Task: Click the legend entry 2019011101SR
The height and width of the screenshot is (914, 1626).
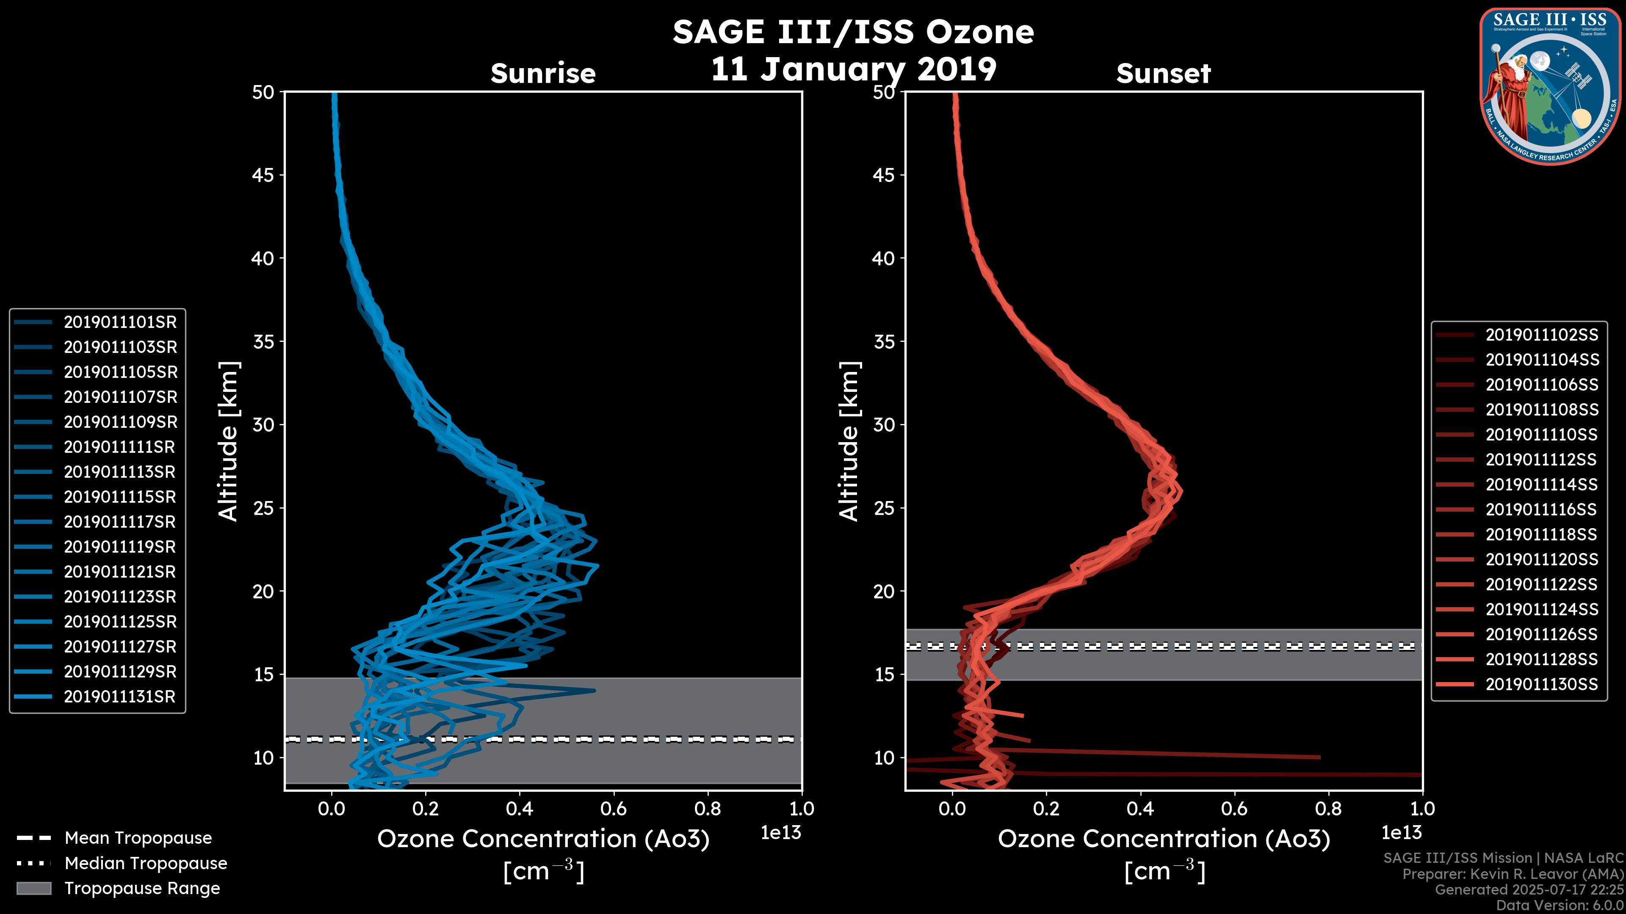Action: coord(120,322)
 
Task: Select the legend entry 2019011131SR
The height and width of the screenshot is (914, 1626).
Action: coord(120,697)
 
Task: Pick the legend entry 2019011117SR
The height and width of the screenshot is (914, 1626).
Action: coord(120,522)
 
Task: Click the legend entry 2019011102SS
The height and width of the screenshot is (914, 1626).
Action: coord(1541,335)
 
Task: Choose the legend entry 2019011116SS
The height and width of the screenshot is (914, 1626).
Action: coord(1541,509)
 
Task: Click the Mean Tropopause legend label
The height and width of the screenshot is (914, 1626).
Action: coord(138,838)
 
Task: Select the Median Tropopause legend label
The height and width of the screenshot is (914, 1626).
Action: coord(145,864)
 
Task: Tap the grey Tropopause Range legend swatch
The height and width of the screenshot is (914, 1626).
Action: coord(33,888)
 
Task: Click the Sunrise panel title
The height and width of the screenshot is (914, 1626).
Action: coord(543,74)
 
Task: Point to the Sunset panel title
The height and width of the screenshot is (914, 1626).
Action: coord(1163,74)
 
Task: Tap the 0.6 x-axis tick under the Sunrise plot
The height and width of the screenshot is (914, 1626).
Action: coord(613,809)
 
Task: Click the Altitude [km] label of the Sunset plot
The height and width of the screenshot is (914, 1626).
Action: coord(849,441)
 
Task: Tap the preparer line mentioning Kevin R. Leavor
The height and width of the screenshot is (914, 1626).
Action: coord(1513,874)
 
